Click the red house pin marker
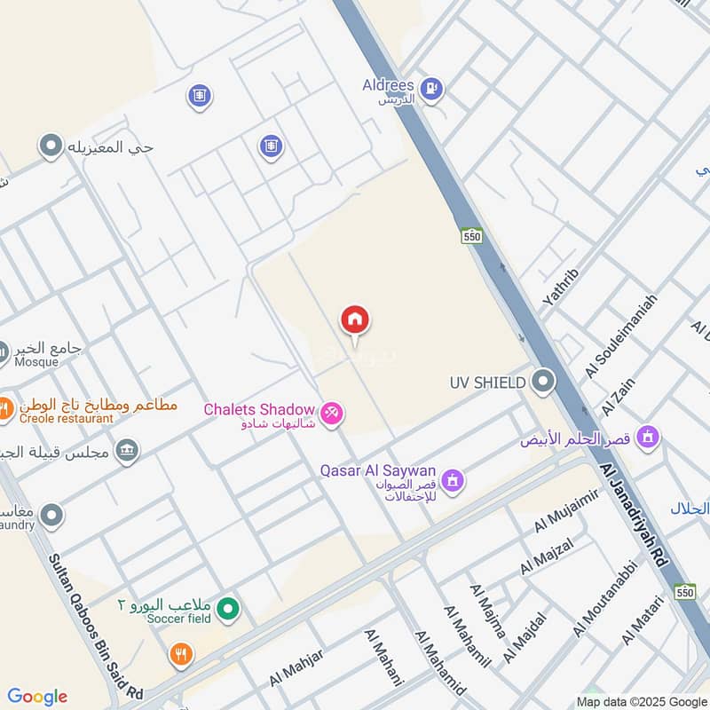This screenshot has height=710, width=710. tap(355, 320)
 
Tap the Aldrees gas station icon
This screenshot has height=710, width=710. tap(432, 88)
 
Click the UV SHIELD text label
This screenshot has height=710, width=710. tap(488, 383)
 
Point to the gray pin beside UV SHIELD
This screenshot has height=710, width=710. tap(543, 383)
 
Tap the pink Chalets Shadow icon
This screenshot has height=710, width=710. tap(332, 414)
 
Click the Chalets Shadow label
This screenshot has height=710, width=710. tap(259, 410)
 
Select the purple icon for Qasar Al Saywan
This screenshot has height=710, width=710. tap(454, 480)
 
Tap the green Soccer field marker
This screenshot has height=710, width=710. tap(229, 610)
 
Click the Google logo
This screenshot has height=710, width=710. tap(37, 697)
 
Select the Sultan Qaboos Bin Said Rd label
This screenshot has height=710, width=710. tap(95, 612)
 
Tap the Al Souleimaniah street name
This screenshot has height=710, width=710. tap(621, 336)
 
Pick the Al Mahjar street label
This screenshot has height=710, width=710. tap(296, 667)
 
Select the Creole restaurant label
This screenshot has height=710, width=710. tap(69, 418)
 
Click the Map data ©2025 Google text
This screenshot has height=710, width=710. tap(642, 701)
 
